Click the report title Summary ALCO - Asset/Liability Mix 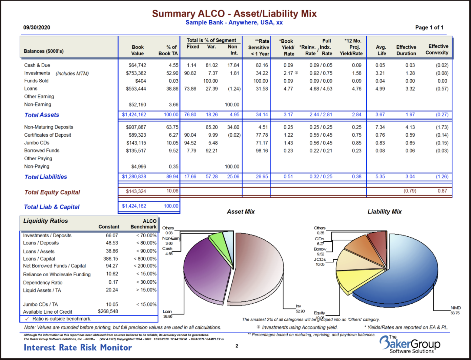(x=234, y=14)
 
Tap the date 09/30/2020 (x=37, y=27)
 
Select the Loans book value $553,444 (x=136, y=89)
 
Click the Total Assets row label (x=42, y=115)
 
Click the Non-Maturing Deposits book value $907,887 (x=136, y=127)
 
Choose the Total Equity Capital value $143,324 (x=136, y=192)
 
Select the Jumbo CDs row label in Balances (x=37, y=143)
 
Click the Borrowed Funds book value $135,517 (x=136, y=151)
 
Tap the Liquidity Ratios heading (x=45, y=221)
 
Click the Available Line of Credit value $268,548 (x=108, y=311)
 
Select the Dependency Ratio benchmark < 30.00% (x=146, y=282)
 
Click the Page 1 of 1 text (x=429, y=27)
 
